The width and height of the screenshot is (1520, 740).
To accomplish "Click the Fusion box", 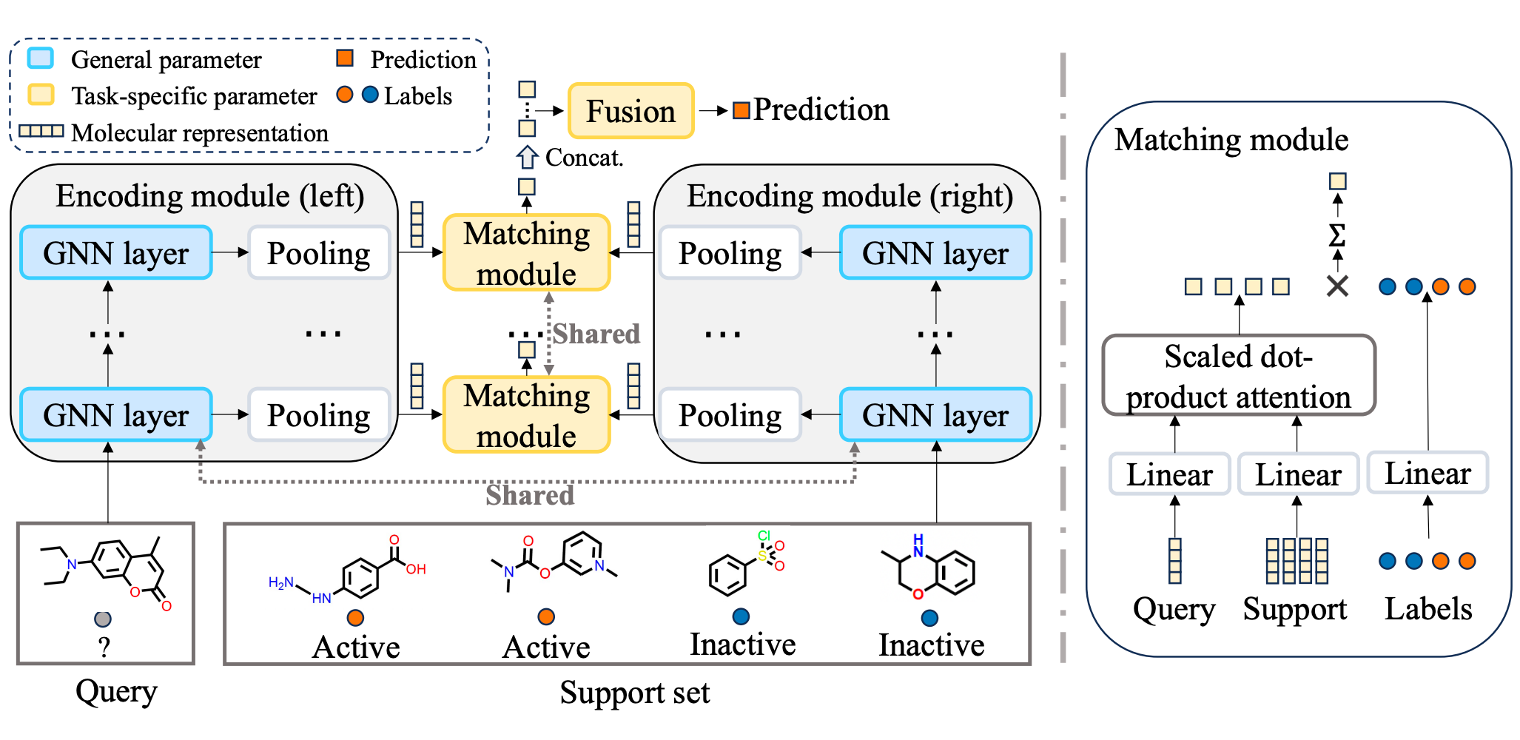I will click(x=630, y=111).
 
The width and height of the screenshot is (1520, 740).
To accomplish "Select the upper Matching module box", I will click(x=526, y=253).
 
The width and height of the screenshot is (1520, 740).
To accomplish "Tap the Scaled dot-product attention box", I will click(x=1238, y=376).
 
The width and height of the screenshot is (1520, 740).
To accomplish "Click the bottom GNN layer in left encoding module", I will click(x=116, y=415).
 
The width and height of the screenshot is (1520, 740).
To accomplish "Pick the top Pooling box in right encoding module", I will click(x=730, y=253).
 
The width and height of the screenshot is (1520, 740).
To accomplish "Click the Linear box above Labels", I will click(x=1427, y=473).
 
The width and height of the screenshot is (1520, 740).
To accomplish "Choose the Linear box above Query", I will click(x=1169, y=474).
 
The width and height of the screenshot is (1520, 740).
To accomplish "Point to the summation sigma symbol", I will click(x=1336, y=236).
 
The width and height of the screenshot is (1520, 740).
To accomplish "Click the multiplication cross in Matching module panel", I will click(x=1336, y=286).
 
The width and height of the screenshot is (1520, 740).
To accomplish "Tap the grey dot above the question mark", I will click(x=103, y=619).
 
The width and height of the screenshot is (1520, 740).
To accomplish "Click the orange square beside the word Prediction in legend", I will click(x=345, y=58).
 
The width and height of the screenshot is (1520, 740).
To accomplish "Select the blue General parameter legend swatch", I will click(x=40, y=58).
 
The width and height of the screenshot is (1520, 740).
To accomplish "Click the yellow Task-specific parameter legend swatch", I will click(x=40, y=95).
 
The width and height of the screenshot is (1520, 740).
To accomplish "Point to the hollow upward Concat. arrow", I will click(x=527, y=157).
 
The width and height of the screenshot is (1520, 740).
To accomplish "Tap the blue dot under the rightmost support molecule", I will click(x=929, y=618).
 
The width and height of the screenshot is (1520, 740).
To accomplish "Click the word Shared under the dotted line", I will click(x=530, y=495).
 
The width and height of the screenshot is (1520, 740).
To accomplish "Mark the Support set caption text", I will click(x=634, y=693).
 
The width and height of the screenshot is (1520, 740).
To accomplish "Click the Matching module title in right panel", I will click(x=1231, y=140).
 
